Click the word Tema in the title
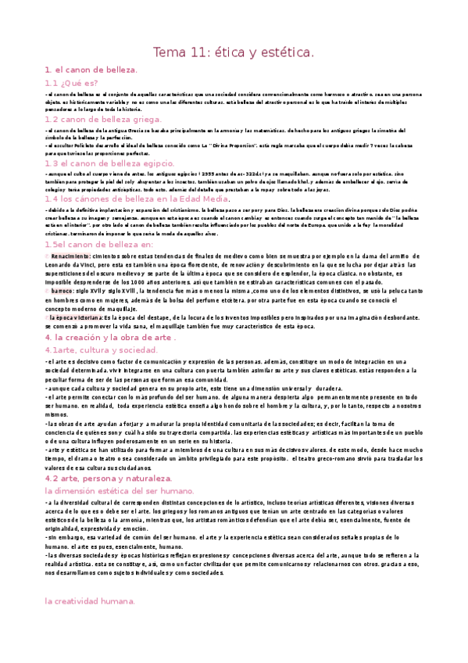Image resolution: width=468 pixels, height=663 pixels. pyautogui.click(x=168, y=52)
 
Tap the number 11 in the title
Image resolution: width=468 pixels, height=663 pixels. pyautogui.click(x=201, y=52)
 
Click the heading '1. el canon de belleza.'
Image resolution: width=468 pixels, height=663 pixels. pyautogui.click(x=91, y=70)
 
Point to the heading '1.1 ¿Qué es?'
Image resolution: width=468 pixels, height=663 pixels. pyautogui.click(x=71, y=82)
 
